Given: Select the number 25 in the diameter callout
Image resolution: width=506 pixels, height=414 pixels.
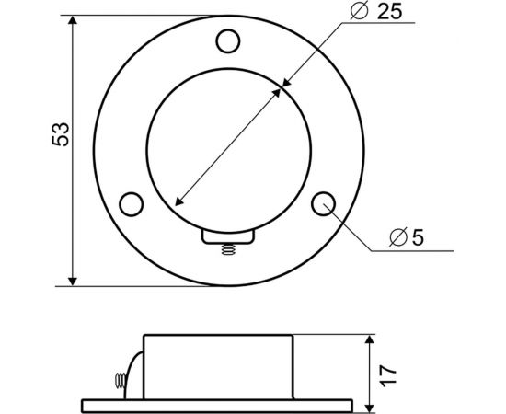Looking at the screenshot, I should point(388,12).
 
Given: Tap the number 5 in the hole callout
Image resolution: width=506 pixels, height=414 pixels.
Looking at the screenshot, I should point(417,237).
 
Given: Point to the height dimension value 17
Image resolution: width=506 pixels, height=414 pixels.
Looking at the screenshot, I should point(388,372).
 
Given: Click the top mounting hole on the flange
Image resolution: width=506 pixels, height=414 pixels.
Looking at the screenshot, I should point(226,40).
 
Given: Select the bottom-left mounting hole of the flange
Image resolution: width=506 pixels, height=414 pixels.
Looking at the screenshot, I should point(132,202).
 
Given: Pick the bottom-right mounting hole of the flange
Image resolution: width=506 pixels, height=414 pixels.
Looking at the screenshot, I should point(321,202).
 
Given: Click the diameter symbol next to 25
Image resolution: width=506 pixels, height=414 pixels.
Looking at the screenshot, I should point(361,12).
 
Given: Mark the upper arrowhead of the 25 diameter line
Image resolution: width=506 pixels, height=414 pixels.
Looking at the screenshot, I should point(284,86).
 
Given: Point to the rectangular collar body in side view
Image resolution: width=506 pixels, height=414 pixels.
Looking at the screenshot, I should point(219,367).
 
